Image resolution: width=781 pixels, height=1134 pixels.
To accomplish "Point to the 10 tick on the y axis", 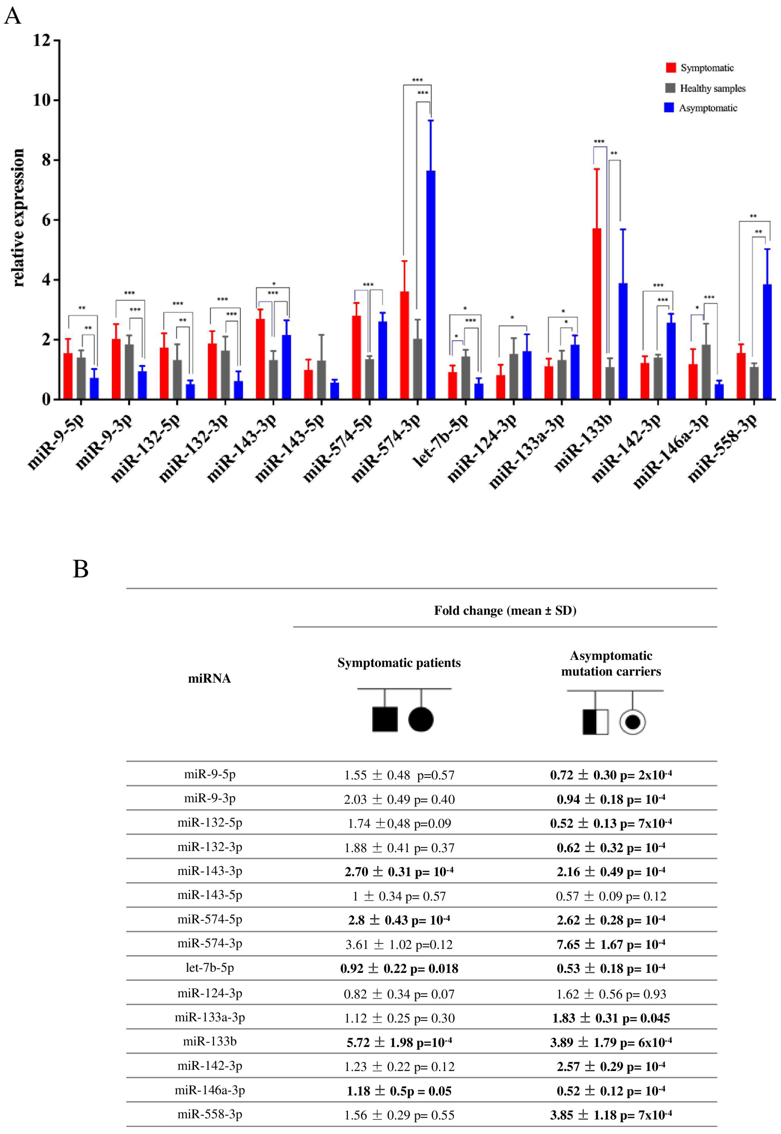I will pyautogui.click(x=42, y=100).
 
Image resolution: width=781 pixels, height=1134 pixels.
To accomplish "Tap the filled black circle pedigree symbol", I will pyautogui.click(x=420, y=719).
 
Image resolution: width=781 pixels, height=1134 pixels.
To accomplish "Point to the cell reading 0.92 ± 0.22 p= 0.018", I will pyautogui.click(x=399, y=969).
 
